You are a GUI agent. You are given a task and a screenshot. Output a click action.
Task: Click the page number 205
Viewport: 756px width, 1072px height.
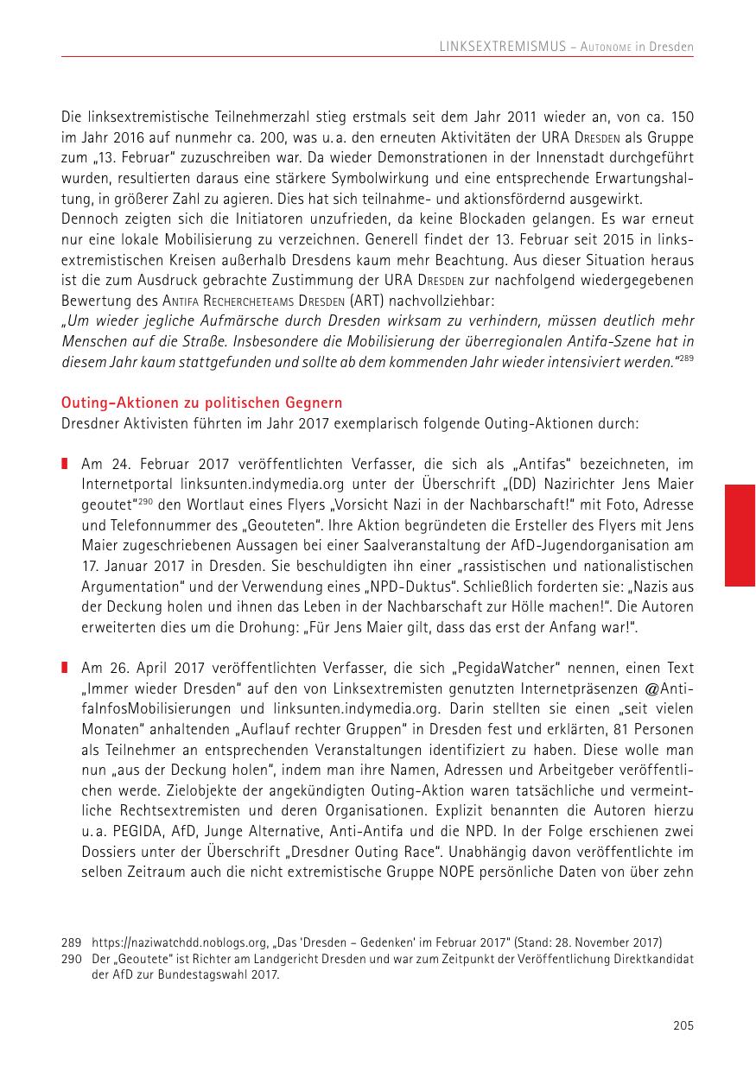coord(683,1026)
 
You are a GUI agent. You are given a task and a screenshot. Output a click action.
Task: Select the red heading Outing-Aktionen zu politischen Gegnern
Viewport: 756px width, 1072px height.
coord(201,403)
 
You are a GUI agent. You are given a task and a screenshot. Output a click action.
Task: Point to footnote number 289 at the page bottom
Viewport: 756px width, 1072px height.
coord(70,942)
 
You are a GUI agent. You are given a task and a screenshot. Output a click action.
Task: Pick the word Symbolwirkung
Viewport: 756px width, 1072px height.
coord(438,179)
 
